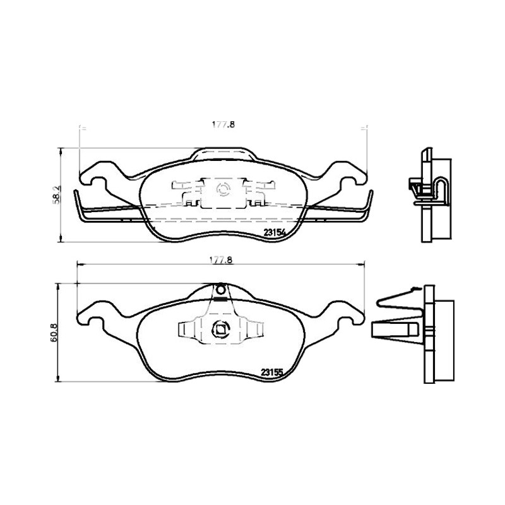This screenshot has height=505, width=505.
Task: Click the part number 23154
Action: pos(275,232)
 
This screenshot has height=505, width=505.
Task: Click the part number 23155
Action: pos(272,372)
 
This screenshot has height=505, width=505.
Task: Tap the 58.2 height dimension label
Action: pos(56,195)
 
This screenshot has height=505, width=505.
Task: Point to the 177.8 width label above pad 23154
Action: pos(223,124)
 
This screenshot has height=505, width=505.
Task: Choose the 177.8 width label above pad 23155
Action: pos(221,260)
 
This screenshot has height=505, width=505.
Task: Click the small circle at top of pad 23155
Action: pos(220,290)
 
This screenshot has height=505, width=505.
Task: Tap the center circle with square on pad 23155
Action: pos(220,329)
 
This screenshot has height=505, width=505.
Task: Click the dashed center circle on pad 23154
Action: pos(222,189)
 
